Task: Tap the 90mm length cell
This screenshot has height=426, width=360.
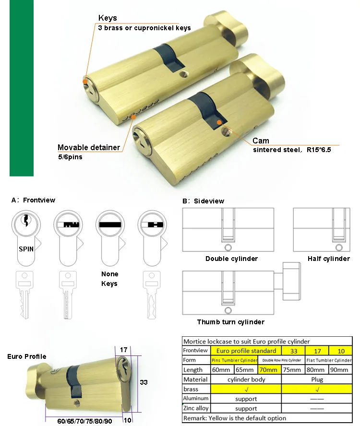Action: click(x=340, y=370)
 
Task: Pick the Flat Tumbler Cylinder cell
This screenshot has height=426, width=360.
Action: click(x=329, y=360)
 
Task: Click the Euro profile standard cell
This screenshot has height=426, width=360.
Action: click(x=246, y=350)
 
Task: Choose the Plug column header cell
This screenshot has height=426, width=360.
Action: click(x=317, y=379)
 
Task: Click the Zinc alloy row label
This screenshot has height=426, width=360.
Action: click(x=196, y=408)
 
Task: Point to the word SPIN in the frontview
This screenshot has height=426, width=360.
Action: click(x=26, y=249)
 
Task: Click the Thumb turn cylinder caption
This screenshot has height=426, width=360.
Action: click(x=230, y=322)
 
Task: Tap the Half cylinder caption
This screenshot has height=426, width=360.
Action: click(x=329, y=259)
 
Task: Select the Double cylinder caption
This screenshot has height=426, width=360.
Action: click(x=231, y=259)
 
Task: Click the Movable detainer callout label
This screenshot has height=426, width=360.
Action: click(x=89, y=147)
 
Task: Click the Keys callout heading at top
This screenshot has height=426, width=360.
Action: click(x=108, y=18)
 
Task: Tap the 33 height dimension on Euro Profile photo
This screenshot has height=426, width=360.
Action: click(x=143, y=383)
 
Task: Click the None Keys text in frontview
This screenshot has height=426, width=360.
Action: click(x=109, y=279)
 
